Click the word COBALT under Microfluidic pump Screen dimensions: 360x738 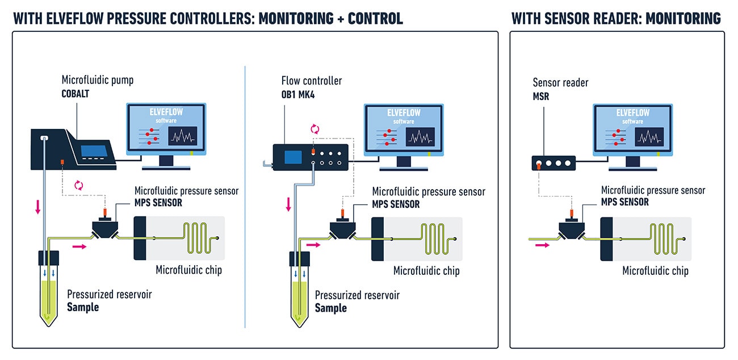pyautogui.click(x=77, y=94)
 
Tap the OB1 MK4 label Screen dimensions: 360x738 pyautogui.click(x=298, y=94)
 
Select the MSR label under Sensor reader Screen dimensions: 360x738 pyautogui.click(x=541, y=97)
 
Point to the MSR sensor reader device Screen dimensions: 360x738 pyautogui.click(x=553, y=164)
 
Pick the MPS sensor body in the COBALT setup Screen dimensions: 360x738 pyautogui.click(x=104, y=229)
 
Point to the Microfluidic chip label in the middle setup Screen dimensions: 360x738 pyautogui.click(x=426, y=271)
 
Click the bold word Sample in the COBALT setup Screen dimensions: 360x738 pyautogui.click(x=83, y=307)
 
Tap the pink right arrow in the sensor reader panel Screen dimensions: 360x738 pyautogui.click(x=543, y=245)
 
